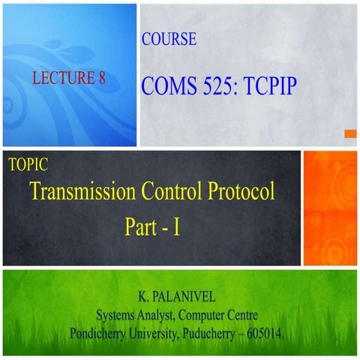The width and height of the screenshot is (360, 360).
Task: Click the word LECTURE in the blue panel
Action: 59,76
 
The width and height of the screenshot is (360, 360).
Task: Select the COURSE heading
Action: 169,40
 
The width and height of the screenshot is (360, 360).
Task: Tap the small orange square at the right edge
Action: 349,133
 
